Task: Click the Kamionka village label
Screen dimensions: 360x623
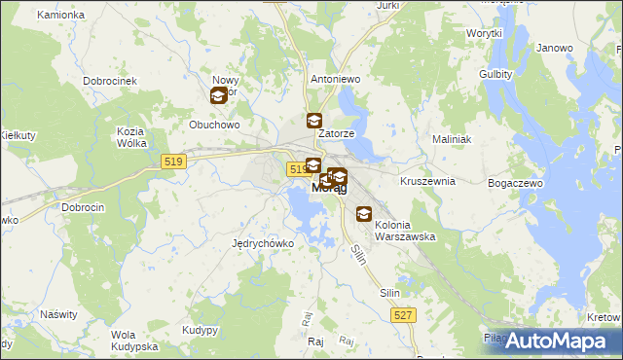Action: pyautogui.click(x=60, y=16)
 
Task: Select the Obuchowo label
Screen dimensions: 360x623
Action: pyautogui.click(x=214, y=125)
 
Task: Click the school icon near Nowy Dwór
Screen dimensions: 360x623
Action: pyautogui.click(x=219, y=95)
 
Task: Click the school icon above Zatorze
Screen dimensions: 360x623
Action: pyautogui.click(x=313, y=122)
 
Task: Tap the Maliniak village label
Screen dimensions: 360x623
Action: pyautogui.click(x=452, y=139)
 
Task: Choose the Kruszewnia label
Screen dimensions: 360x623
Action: pyautogui.click(x=428, y=181)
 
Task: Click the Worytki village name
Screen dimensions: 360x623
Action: pyautogui.click(x=482, y=33)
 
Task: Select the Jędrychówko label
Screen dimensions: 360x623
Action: pyautogui.click(x=263, y=243)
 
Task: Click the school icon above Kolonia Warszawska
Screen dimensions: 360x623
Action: pyautogui.click(x=364, y=214)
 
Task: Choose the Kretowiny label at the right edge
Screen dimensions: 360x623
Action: pyautogui.click(x=605, y=317)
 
